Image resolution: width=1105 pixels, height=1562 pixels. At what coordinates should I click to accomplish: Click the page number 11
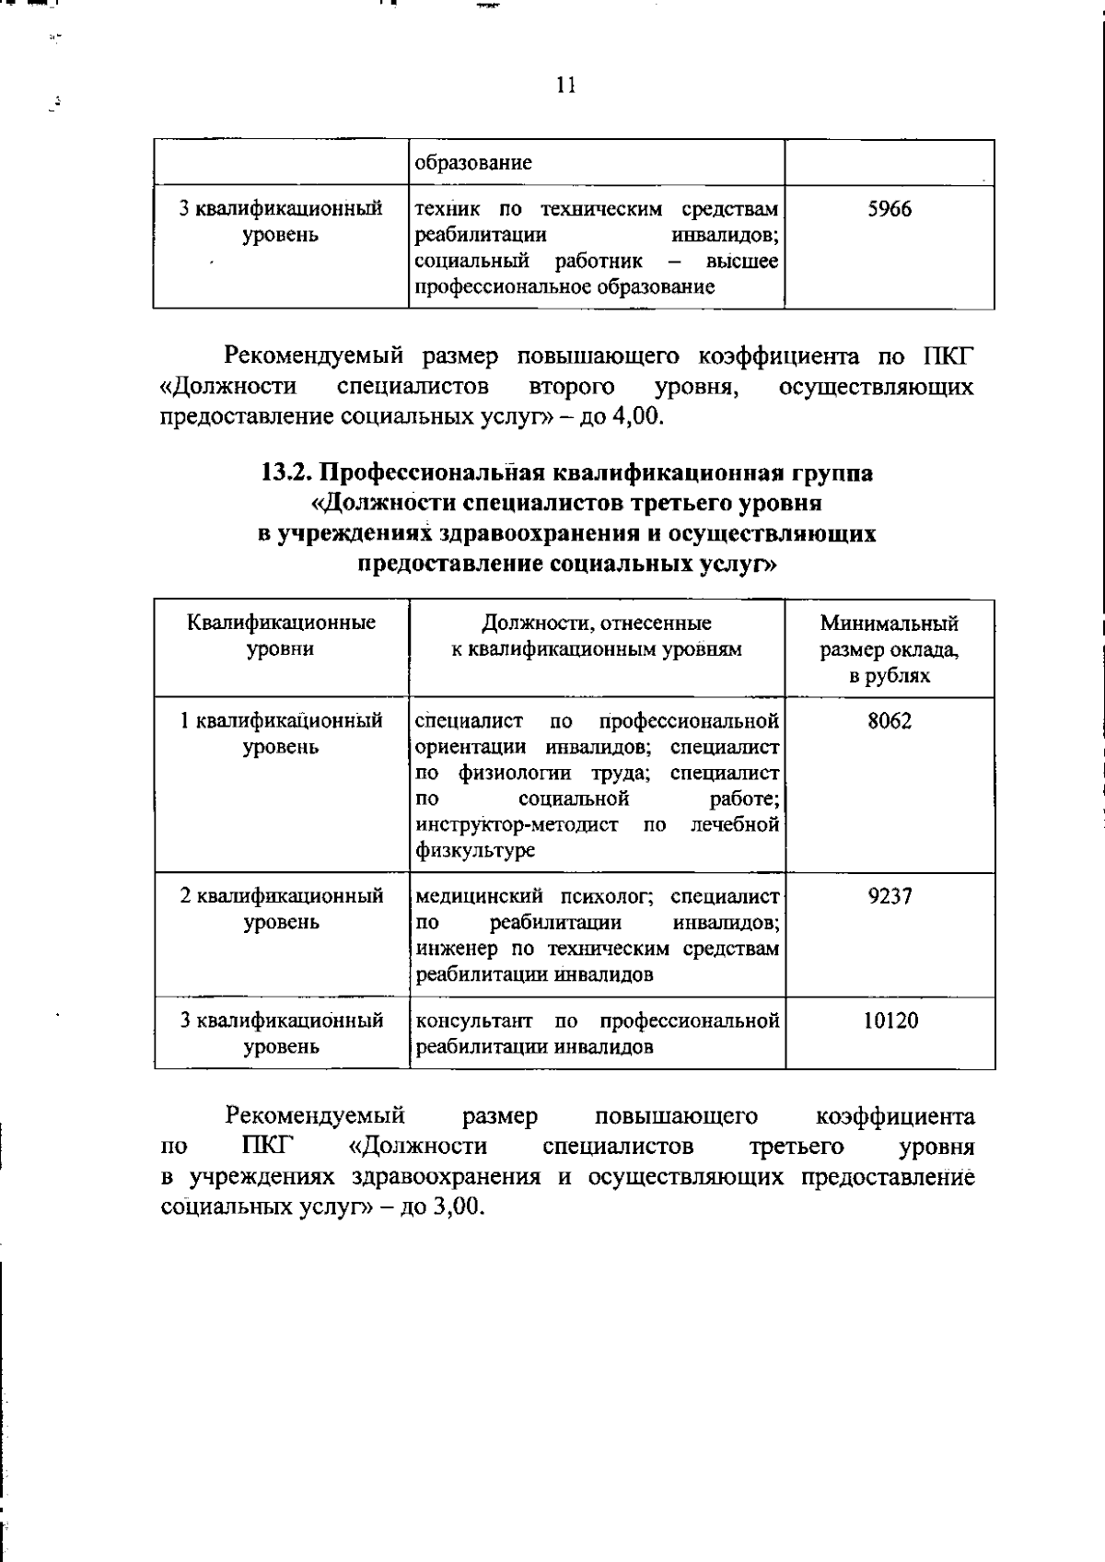click(566, 86)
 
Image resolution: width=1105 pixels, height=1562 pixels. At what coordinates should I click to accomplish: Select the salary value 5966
click(890, 209)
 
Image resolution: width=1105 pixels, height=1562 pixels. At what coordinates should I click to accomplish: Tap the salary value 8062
click(890, 720)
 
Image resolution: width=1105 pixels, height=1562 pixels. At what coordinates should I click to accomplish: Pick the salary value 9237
click(890, 895)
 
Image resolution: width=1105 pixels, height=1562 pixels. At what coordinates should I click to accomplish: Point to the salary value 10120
click(890, 1020)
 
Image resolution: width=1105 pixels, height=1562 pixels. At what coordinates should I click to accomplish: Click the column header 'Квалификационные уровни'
click(281, 635)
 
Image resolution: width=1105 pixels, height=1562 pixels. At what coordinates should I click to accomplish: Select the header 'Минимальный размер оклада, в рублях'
click(890, 649)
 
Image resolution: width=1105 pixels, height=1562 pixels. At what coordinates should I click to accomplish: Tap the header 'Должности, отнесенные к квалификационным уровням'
click(597, 635)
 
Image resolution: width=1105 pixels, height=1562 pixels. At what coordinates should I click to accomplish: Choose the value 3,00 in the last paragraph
click(458, 1207)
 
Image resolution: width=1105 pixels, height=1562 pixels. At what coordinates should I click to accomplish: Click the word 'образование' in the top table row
click(473, 164)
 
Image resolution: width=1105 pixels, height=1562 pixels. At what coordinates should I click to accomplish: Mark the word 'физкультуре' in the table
click(474, 851)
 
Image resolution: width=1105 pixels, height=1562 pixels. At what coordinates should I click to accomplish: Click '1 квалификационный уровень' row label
click(281, 733)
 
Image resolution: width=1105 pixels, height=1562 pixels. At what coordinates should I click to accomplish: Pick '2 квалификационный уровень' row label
click(281, 908)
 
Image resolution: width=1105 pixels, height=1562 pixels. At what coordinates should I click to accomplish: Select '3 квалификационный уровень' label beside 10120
click(281, 1033)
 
